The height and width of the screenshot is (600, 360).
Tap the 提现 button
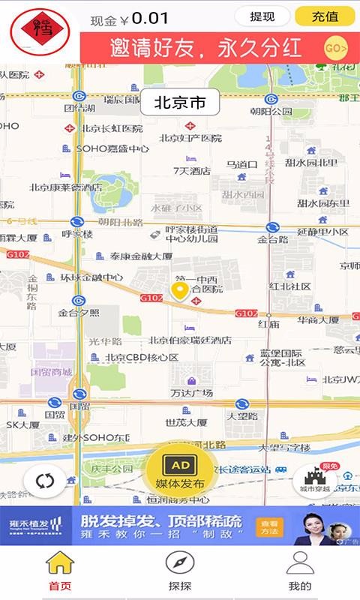262,16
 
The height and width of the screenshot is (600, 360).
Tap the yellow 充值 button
324,16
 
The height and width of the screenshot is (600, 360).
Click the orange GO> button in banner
335,49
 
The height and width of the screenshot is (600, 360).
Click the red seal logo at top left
40,31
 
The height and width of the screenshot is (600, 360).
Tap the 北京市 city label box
179,103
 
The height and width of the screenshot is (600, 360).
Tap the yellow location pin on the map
180,291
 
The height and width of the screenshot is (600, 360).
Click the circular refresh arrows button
45,481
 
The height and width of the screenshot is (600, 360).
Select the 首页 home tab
60,570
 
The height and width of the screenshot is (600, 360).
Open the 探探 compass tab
179,570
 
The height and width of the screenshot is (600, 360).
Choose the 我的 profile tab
299,570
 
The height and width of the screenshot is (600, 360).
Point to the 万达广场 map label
191,392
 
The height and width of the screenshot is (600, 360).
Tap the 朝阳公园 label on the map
271,111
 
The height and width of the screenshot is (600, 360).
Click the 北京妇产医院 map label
190,138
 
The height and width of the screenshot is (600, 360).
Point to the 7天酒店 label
191,170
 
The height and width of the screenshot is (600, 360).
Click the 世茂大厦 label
186,422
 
